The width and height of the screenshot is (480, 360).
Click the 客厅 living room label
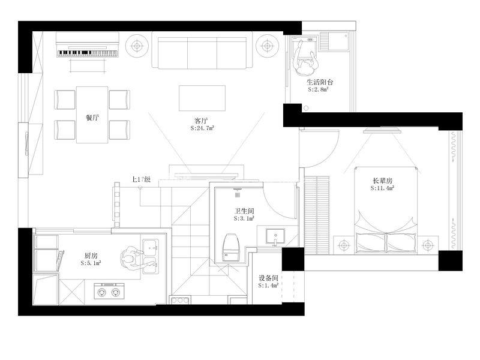(201, 121)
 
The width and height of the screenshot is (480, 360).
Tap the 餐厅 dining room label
(92, 118)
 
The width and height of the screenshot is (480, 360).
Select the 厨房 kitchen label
(91, 256)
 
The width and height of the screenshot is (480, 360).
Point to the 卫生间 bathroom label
(244, 211)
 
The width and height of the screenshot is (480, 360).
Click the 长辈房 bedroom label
(382, 181)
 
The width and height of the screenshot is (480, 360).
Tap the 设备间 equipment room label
(268, 278)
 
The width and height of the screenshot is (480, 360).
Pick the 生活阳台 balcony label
(320, 82)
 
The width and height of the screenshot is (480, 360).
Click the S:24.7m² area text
(202, 128)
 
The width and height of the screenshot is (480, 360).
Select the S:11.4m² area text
(382, 188)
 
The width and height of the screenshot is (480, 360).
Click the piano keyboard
(87, 53)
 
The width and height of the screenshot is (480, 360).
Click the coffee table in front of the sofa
(202, 98)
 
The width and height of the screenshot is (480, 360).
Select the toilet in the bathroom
(232, 247)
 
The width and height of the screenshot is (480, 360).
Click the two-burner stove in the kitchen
(109, 291)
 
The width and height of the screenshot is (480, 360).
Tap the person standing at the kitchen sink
(131, 260)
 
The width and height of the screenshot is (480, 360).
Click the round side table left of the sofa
(137, 46)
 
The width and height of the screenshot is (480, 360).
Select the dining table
(92, 115)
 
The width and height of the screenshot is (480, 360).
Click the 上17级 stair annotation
(141, 179)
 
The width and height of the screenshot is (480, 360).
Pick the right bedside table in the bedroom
(427, 245)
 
